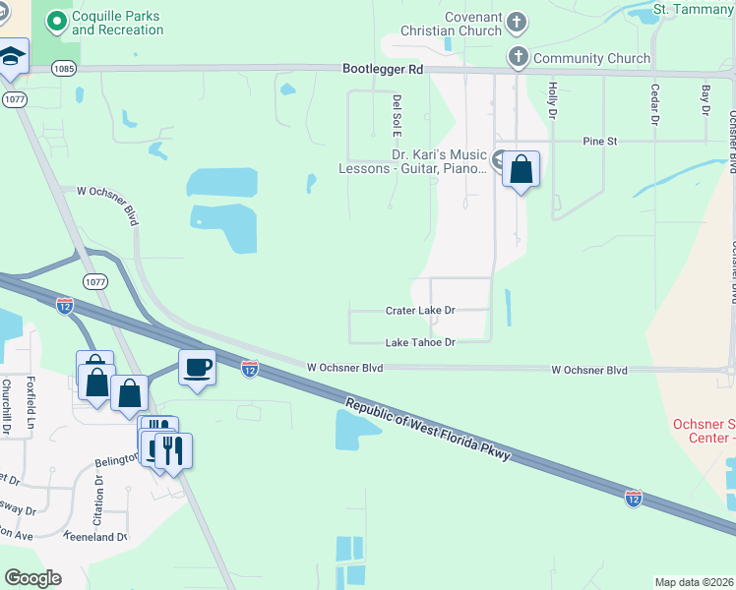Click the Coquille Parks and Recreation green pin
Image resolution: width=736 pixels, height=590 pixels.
pyautogui.click(x=58, y=21)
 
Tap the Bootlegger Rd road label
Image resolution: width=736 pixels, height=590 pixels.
pyautogui.click(x=383, y=70)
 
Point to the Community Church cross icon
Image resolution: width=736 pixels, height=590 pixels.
pyautogui.click(x=519, y=58)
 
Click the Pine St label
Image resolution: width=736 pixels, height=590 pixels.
pyautogui.click(x=598, y=142)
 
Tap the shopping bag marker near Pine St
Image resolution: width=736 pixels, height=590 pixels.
pyautogui.click(x=521, y=169)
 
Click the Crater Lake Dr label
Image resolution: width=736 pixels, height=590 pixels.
pyautogui.click(x=420, y=311)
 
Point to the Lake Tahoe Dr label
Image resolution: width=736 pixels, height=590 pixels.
pyautogui.click(x=420, y=342)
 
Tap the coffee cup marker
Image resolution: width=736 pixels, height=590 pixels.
pyautogui.click(x=197, y=367)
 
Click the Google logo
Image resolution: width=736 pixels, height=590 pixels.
pyautogui.click(x=32, y=577)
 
